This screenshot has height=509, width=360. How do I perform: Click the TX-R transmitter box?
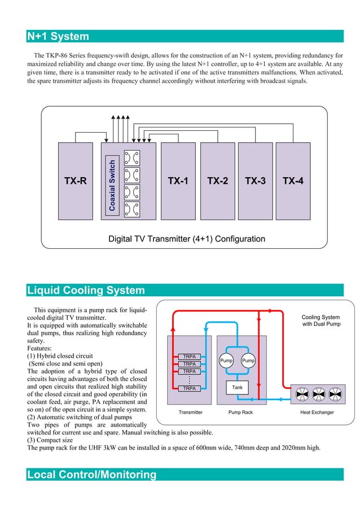[x=76, y=181]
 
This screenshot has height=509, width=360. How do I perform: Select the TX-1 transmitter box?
[x=178, y=181]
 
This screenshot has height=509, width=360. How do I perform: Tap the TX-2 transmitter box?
[x=217, y=181]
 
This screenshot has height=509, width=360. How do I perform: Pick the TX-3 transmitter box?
[x=255, y=181]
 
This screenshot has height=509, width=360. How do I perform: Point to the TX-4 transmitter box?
[x=293, y=181]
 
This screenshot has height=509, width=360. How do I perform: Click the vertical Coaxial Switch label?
[x=112, y=186]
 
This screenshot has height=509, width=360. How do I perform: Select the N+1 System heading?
[x=58, y=37]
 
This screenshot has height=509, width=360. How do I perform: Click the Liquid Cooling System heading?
[x=86, y=291]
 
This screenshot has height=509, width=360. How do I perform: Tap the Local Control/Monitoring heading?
[x=91, y=475]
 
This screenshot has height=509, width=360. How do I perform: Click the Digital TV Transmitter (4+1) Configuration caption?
[x=186, y=239]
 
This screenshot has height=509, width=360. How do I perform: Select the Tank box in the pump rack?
[x=237, y=388]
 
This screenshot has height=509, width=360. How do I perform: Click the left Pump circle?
[x=227, y=361]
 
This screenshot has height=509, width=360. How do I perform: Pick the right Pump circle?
[x=248, y=361]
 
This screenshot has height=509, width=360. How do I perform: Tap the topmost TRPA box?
[x=190, y=357]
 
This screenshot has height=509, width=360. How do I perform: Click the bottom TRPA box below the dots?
[x=190, y=388]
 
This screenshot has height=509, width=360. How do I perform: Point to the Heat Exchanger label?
[x=317, y=413]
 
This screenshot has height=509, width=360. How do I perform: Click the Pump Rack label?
[x=241, y=413]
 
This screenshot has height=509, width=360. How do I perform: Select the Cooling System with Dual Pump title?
[x=321, y=321]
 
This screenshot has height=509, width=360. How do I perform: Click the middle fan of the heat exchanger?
[x=319, y=393]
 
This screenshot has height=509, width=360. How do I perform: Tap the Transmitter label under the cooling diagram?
[x=191, y=413]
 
